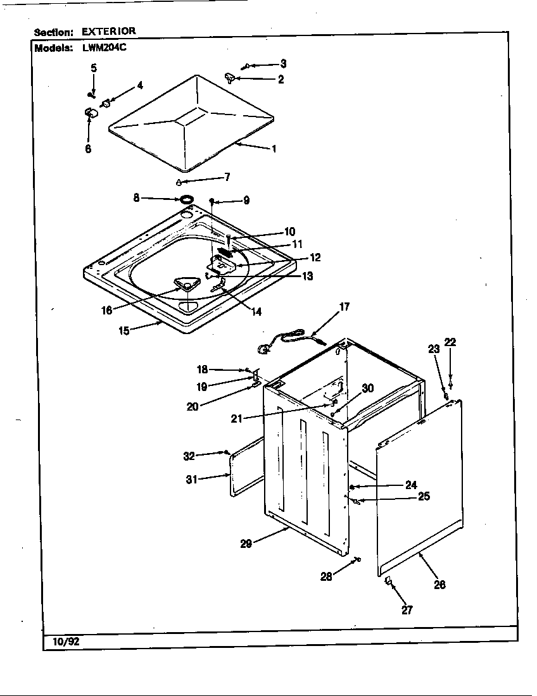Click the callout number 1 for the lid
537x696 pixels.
point(274,149)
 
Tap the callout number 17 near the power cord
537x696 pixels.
point(344,308)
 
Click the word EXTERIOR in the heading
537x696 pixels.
point(108,30)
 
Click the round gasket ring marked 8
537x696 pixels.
point(186,200)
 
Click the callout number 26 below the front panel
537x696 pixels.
point(439,585)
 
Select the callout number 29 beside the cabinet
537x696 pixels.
point(246,543)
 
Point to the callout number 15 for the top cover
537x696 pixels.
point(124,330)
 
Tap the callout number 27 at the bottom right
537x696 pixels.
point(406,610)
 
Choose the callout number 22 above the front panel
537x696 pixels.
point(450,342)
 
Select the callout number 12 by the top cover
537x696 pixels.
point(315,258)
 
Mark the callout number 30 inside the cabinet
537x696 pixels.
point(367,388)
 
